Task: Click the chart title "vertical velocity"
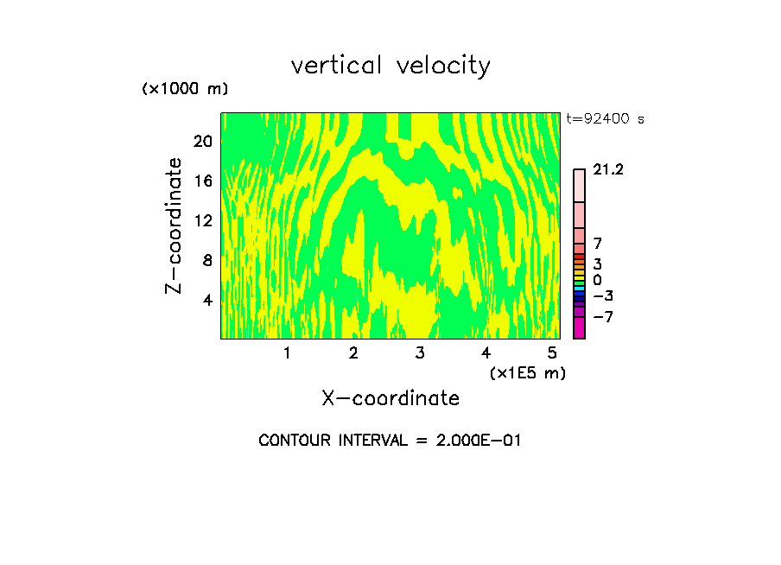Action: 390,66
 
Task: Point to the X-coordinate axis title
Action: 390,398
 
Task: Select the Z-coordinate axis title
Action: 175,225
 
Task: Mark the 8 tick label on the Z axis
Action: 206,260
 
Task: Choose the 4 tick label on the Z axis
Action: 206,300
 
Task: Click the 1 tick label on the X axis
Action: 287,352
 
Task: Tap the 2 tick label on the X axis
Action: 353,352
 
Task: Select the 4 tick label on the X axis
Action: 486,352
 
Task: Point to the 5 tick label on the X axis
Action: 552,352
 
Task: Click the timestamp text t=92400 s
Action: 605,119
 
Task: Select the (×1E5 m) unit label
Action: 527,372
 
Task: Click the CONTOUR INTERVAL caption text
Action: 390,441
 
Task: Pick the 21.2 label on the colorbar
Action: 608,170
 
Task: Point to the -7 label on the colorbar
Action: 602,317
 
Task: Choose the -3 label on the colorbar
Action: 602,296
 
